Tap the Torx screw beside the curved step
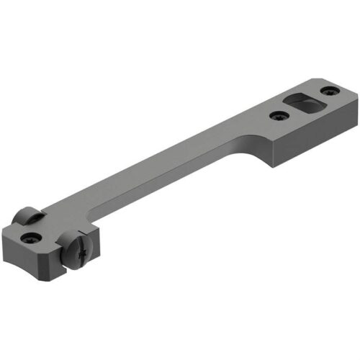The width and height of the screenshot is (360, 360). [x=276, y=115]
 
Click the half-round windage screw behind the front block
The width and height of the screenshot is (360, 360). [x=27, y=215]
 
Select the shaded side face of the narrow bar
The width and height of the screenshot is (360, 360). [x=158, y=189]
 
